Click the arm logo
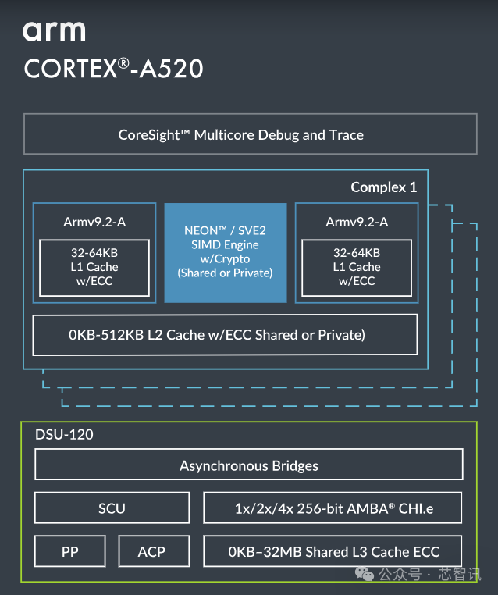54,31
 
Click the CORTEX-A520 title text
113,69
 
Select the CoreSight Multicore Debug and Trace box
250,134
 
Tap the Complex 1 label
383,187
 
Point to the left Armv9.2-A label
94,223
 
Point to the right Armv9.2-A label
357,223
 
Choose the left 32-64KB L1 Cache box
94,267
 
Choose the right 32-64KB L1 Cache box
357,267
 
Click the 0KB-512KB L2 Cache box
225,335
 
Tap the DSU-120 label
64,434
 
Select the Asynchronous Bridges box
249,465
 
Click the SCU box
112,508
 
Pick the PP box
70,551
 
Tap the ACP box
151,551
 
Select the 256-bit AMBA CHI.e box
333,508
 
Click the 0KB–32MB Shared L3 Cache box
333,551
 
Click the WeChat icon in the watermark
365,574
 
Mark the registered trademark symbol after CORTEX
123,62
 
